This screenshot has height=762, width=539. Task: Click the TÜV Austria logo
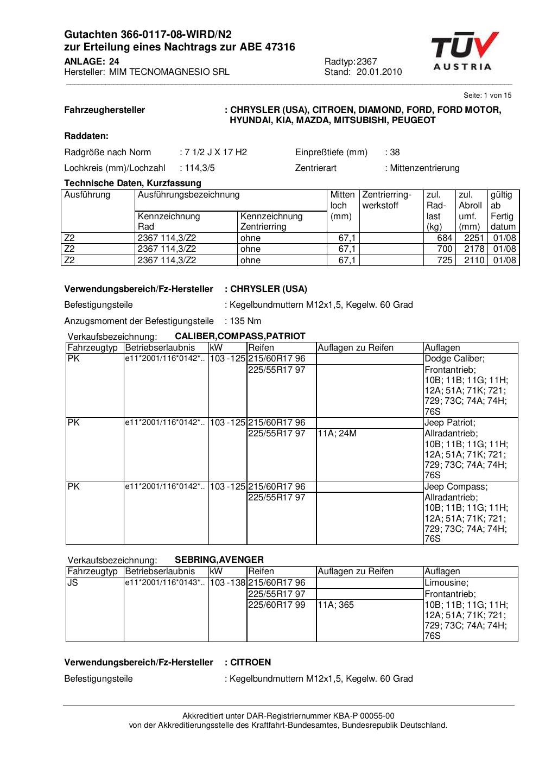(465, 51)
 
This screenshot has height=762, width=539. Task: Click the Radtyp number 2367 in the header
(367, 61)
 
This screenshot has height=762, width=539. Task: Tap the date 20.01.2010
(379, 72)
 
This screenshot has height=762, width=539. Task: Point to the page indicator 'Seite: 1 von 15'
(487, 95)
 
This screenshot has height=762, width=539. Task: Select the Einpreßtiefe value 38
(395, 152)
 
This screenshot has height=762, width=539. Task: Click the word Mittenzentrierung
(424, 168)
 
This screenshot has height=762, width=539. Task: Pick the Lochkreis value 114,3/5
(199, 168)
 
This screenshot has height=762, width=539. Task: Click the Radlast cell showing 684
(445, 238)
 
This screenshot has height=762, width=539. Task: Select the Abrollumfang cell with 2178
(474, 249)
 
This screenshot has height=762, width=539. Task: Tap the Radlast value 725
(445, 260)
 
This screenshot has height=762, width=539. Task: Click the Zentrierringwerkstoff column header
(387, 200)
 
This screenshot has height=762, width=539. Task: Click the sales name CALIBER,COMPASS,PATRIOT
(240, 336)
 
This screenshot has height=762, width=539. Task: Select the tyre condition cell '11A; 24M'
(337, 433)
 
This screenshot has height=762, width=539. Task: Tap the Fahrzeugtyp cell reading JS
(73, 582)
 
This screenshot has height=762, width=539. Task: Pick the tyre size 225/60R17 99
(277, 604)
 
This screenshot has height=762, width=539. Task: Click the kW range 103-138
(227, 582)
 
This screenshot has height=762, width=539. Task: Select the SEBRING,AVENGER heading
(219, 560)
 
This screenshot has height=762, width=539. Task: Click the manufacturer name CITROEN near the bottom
(250, 662)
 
